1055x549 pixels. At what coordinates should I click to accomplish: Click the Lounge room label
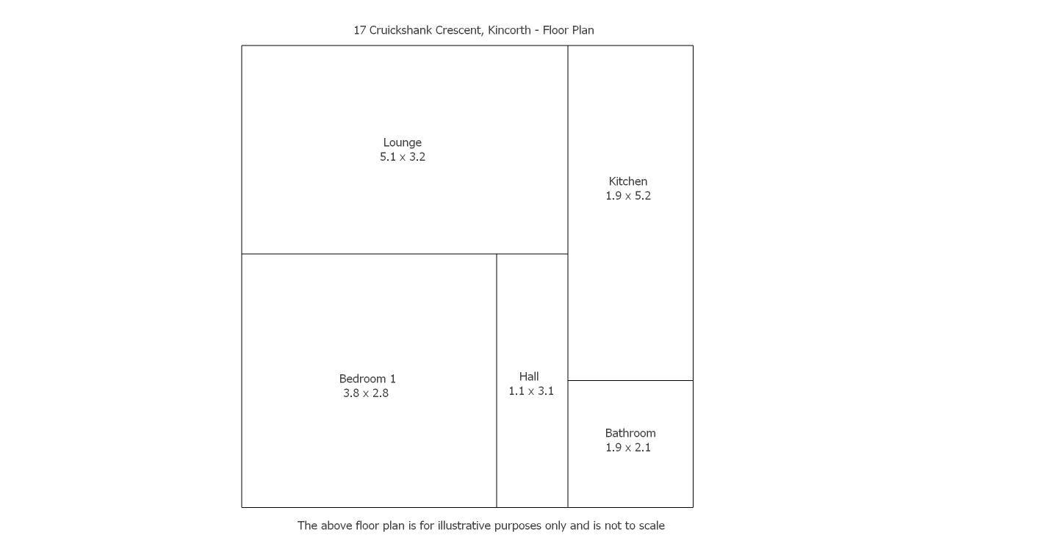pos(402,142)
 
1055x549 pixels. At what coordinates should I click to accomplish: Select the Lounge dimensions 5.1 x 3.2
pos(402,157)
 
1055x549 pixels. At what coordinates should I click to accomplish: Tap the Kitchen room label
pos(627,181)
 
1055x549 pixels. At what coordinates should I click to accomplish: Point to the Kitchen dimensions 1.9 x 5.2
pos(627,196)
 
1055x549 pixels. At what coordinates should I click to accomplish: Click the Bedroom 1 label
pos(367,379)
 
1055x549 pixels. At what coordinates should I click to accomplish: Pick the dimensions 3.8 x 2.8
pos(365,393)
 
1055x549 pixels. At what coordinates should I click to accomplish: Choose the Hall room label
pos(528,377)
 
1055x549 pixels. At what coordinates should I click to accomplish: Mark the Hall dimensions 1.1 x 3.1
pos(530,391)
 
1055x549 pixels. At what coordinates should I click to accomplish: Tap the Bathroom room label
pos(630,433)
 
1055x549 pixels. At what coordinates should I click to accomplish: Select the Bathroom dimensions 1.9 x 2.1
pos(627,448)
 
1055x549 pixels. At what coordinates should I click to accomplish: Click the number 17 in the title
pos(359,30)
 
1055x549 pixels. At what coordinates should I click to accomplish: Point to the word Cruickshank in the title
pos(400,30)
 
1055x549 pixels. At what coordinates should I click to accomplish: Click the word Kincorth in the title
pos(508,30)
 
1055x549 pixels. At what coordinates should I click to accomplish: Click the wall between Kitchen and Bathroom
pos(630,380)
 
